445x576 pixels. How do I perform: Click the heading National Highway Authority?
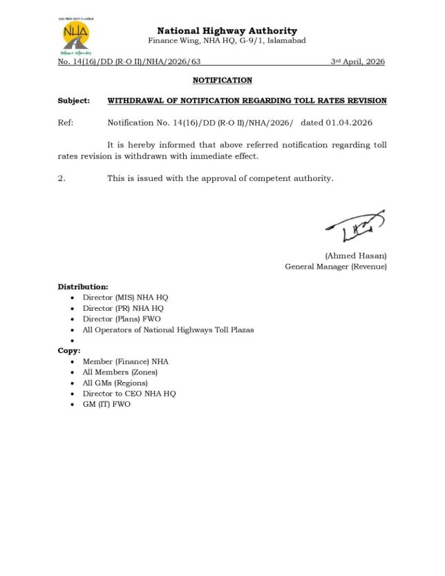[x=227, y=30]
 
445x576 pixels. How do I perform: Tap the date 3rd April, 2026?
[x=357, y=62]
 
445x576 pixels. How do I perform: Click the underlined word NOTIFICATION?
[x=222, y=81]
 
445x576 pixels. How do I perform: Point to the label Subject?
[x=73, y=101]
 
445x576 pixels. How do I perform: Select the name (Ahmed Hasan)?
[x=356, y=256]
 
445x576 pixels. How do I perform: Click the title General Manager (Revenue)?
[x=335, y=267]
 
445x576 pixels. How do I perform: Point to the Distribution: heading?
[x=82, y=286]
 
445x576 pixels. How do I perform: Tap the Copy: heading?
[x=69, y=351]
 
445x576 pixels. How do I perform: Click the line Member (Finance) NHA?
[x=125, y=361]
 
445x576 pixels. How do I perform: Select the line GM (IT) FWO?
[x=106, y=404]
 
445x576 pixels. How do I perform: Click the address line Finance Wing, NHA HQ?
[x=227, y=41]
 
